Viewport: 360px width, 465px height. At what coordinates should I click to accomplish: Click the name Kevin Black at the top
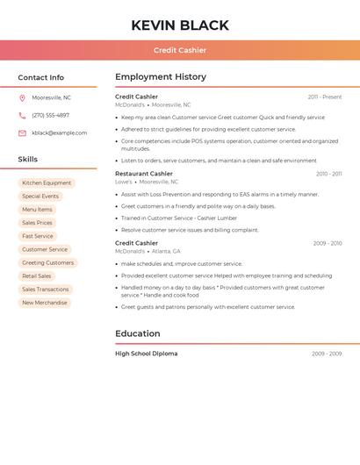180,25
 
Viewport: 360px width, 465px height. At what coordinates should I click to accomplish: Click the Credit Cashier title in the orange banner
180,50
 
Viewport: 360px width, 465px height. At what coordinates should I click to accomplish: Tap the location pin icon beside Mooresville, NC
22,97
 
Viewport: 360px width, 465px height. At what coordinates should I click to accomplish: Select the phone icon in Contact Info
22,115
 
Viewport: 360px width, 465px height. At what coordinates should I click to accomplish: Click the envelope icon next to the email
22,133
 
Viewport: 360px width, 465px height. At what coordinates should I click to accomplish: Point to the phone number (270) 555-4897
50,115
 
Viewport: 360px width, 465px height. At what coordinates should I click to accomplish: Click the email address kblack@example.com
60,133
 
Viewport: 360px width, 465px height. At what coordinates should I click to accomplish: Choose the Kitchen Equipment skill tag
47,183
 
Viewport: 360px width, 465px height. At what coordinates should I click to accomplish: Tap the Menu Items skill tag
37,210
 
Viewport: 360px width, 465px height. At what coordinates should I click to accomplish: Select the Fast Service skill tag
38,236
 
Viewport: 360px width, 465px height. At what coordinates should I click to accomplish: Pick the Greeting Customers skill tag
47,262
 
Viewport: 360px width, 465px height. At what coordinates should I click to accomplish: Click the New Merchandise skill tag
45,303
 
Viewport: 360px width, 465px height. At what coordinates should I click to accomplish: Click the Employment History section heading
161,77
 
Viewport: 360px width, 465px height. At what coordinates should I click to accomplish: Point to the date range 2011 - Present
325,97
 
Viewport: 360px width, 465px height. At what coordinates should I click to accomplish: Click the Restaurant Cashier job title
144,174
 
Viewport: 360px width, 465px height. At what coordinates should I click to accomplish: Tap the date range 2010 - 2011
328,174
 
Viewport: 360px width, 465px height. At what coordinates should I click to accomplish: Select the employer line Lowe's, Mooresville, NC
153,182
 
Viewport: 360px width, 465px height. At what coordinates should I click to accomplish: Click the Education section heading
138,333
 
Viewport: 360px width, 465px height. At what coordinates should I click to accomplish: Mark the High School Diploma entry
147,354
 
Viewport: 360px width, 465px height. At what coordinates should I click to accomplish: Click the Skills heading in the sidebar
28,160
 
